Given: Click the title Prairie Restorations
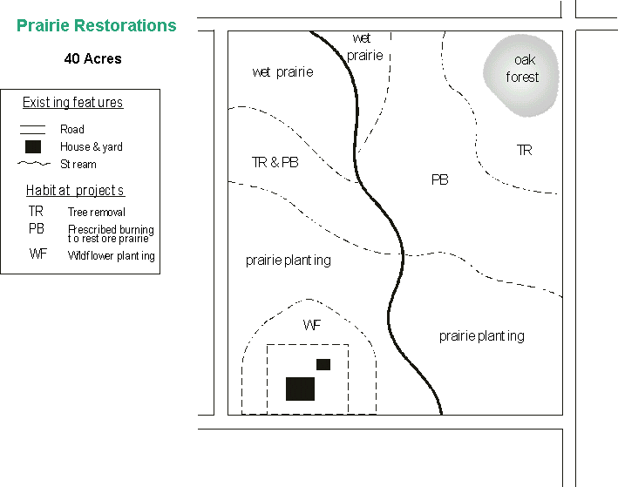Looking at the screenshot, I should point(97,25).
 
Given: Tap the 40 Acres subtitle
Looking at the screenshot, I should point(92,59).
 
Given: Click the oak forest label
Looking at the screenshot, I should point(523,69).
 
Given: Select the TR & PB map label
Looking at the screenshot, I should point(275,163).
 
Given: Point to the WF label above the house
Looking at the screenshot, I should point(312,325).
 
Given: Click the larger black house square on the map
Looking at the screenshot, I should point(300,389).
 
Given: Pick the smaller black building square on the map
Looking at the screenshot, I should point(323,364).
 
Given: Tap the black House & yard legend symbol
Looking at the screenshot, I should point(32,146).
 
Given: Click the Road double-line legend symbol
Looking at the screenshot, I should point(32,129).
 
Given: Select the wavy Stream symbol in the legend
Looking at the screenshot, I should point(32,164).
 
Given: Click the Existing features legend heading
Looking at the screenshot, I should point(72,103).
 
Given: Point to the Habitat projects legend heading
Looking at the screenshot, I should point(75,191).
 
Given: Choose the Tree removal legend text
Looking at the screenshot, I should point(96,212).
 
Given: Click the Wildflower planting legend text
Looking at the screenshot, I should point(111,256).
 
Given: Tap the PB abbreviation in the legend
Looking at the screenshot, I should point(36,229).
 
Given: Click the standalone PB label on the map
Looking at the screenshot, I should point(440,179).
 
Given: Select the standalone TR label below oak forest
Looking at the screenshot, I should point(524,150).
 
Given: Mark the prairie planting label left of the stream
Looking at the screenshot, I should point(289,260).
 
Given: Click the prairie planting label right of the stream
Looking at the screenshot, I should point(481,335).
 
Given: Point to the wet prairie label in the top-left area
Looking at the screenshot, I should point(282,72).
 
